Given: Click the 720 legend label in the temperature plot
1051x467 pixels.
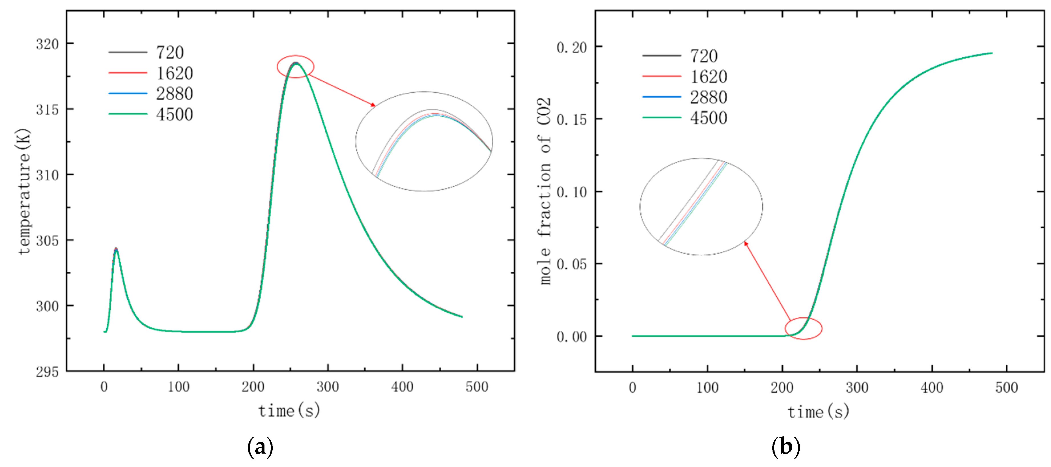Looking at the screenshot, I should (170, 53).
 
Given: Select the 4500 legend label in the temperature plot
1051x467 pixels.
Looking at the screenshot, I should (174, 115).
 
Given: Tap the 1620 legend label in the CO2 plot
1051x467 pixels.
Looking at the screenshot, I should (708, 77).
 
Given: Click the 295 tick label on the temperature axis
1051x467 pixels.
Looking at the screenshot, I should (47, 372).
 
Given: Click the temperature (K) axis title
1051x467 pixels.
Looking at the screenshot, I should (24, 192).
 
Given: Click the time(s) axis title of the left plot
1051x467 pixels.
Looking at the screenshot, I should (289, 410).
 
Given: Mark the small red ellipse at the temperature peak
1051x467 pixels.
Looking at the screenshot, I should (295, 66).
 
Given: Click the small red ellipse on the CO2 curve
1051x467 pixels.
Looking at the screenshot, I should (803, 328).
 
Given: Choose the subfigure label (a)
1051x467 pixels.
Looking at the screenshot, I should (260, 447).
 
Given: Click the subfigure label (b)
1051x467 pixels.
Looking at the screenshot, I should (785, 447).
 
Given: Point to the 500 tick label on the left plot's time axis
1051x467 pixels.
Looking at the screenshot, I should (477, 387).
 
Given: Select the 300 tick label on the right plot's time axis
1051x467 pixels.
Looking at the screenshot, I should (857, 387).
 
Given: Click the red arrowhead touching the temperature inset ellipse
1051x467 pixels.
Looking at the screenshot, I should (373, 105).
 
